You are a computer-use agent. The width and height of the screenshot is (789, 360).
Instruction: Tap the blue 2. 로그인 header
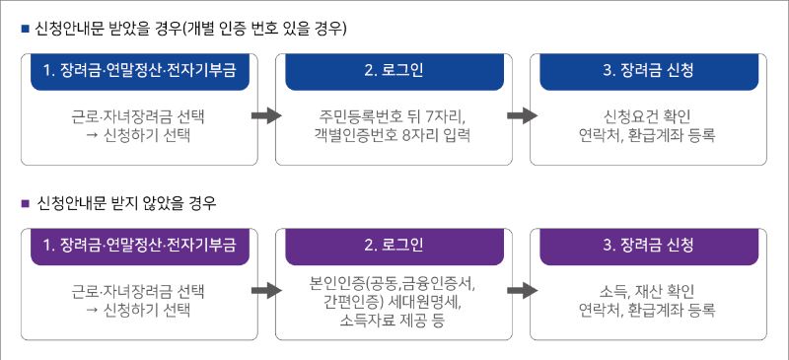pos(394,71)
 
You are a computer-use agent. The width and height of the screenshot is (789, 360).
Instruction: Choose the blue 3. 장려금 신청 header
pos(646,71)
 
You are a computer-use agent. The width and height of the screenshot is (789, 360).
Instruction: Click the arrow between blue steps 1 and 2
pos(267,115)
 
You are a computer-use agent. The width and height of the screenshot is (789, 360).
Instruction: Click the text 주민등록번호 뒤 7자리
pos(394,116)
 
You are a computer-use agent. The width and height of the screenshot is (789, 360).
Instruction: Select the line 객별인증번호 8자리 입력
pos(394,136)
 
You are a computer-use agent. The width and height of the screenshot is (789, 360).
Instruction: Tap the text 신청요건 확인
pos(646,116)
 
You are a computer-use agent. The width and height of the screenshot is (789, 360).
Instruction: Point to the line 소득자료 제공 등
pos(394,320)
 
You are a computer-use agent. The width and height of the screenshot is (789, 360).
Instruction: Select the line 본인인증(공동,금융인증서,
pos(394,284)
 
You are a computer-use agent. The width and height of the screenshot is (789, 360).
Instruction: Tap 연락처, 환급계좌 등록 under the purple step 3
pos(646,310)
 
